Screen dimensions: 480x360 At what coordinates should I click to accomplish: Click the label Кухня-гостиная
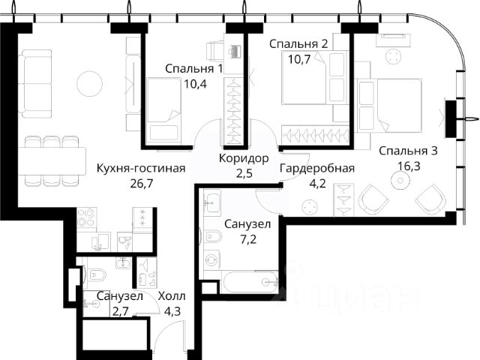tap(141, 169)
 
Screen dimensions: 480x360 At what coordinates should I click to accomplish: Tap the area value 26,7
tap(141, 184)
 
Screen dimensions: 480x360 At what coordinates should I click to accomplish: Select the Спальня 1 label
tap(194, 69)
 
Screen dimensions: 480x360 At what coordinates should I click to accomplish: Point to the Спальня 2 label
tap(298, 44)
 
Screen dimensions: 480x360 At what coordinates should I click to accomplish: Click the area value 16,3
tap(409, 166)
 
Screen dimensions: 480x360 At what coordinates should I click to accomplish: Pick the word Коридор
tap(244, 158)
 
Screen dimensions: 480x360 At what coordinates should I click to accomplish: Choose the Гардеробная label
tap(317, 169)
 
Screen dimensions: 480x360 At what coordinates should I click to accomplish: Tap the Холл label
tap(172, 297)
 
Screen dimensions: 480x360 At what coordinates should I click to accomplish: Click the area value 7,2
tap(248, 239)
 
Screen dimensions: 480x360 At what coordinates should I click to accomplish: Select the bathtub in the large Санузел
tap(250, 282)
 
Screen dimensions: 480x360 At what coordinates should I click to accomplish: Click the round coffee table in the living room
tap(89, 83)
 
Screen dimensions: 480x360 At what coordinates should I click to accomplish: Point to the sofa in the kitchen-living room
tap(34, 83)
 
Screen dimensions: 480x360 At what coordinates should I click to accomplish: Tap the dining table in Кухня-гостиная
tap(52, 161)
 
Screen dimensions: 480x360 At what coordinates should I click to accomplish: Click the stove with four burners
tap(87, 217)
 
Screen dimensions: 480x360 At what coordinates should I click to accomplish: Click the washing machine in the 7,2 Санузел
tap(211, 260)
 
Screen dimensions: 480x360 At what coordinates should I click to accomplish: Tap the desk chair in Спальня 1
tap(215, 51)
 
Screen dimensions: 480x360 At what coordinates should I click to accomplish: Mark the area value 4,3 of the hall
tap(172, 312)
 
